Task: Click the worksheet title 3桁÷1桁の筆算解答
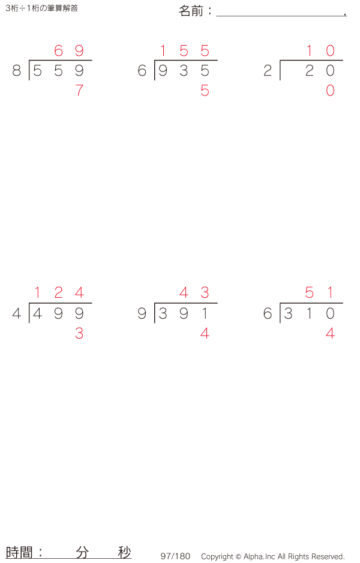(41, 8)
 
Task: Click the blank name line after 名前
(280, 12)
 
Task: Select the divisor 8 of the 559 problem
(16, 71)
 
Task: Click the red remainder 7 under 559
(79, 91)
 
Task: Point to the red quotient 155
(184, 51)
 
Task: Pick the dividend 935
(184, 71)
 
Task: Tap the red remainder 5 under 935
(205, 91)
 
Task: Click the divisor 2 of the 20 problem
(268, 71)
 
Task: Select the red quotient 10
(320, 51)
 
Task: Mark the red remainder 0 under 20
(330, 91)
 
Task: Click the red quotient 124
(58, 293)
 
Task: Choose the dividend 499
(58, 313)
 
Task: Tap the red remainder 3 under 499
(79, 333)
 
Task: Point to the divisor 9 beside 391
(142, 313)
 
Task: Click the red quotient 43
(194, 293)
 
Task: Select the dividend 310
(309, 313)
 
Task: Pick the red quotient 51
(320, 293)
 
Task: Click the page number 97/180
(175, 556)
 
